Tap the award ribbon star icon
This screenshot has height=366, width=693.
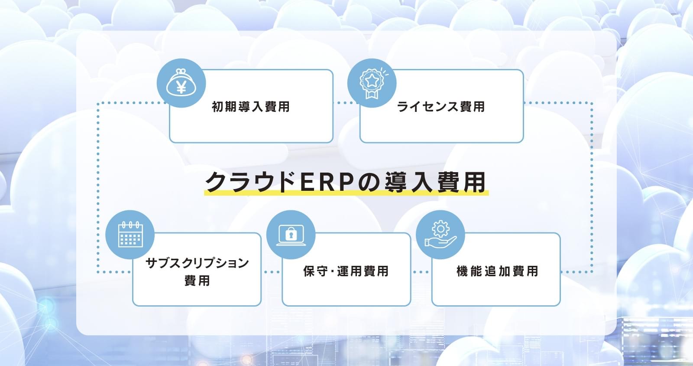point(372,83)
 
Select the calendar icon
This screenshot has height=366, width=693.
point(130,235)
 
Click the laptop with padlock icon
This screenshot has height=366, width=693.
point(291,235)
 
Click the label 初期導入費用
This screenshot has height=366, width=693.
point(251,107)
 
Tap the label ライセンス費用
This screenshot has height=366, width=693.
point(441,107)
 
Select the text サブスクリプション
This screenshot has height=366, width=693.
point(197,263)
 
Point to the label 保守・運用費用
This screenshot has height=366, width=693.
point(346,271)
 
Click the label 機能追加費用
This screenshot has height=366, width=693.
point(497,271)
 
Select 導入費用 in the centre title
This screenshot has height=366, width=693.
point(435,182)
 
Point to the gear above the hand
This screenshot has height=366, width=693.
point(440,229)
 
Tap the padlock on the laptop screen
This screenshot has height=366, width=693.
point(291,234)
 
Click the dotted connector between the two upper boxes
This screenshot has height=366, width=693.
point(346,102)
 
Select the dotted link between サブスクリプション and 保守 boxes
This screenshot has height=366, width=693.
point(272,272)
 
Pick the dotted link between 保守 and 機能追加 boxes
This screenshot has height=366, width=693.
point(421,272)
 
